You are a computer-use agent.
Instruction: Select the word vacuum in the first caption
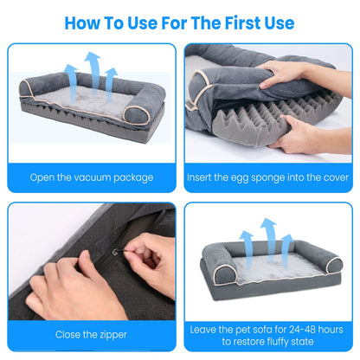click(x=96, y=177)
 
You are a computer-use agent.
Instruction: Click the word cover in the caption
click(x=329, y=177)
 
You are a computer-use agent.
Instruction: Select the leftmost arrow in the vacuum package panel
click(x=72, y=82)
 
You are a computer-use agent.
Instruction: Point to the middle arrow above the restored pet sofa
click(x=267, y=238)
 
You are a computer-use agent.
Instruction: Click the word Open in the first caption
click(x=42, y=177)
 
